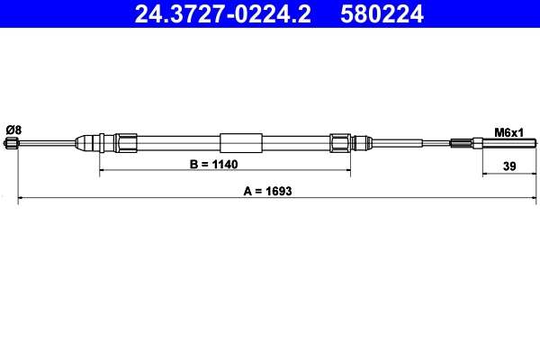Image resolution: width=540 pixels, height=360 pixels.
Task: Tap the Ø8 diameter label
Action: tap(13, 130)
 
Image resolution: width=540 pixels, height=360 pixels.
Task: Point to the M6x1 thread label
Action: tap(509, 132)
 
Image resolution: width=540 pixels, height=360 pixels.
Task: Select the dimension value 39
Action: tap(508, 166)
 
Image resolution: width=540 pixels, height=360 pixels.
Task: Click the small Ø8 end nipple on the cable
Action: tap(12, 143)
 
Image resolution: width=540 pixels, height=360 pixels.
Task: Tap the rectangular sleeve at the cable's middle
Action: tap(241, 142)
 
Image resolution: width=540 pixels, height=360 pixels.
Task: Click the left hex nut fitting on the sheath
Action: tap(126, 142)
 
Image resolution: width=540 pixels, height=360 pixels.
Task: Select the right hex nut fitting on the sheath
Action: tap(340, 142)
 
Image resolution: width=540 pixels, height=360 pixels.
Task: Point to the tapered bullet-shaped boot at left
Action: tap(89, 142)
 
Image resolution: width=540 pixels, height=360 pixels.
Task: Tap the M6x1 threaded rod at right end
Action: tap(508, 142)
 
